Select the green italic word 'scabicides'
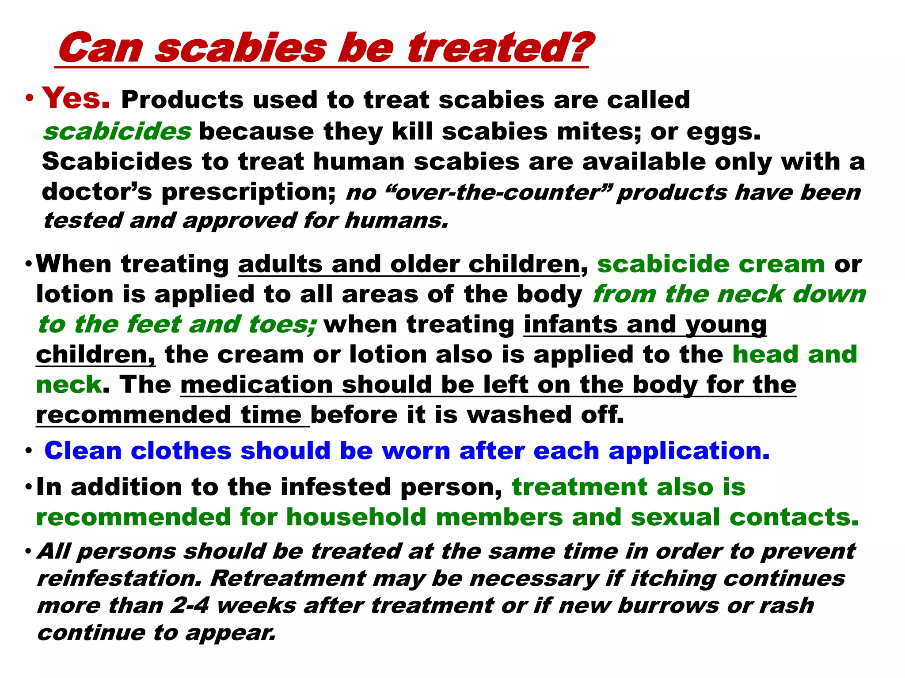click(118, 132)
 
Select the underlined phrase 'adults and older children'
click(409, 264)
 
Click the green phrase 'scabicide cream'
click(711, 264)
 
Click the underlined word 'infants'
click(570, 324)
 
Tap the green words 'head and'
click(795, 354)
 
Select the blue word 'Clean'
click(83, 451)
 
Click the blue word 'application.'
click(689, 451)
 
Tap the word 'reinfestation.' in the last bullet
click(119, 578)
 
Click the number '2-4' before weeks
click(190, 605)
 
